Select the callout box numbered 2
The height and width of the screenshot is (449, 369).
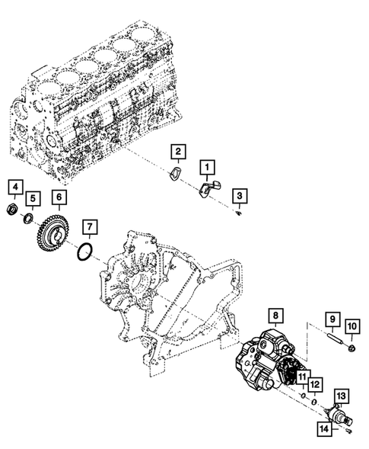177,152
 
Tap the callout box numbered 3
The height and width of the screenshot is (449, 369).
239,196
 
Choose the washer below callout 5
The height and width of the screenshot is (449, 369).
28,220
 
